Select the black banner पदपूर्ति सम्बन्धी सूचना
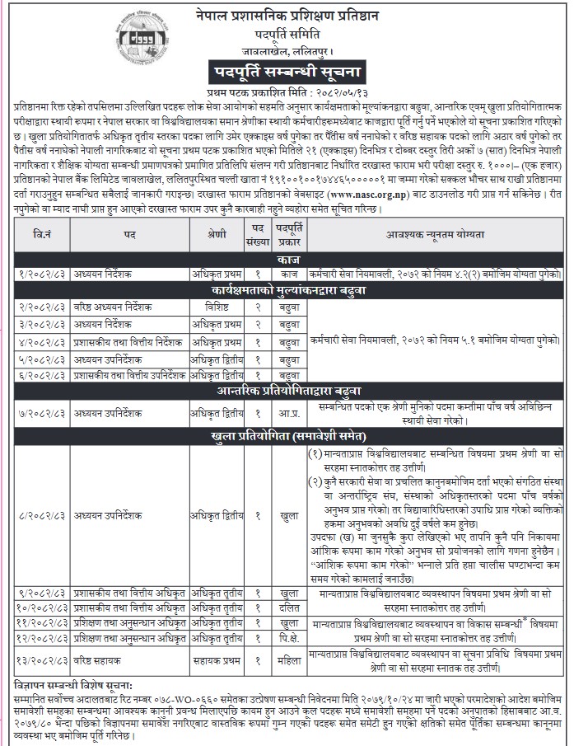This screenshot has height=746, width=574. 310,70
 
